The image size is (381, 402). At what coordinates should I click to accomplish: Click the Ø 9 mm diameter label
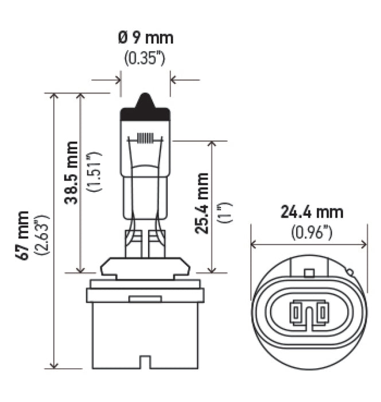click(145, 39)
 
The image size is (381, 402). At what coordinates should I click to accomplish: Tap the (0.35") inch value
click(145, 58)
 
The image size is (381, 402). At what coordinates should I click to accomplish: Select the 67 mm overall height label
click(23, 235)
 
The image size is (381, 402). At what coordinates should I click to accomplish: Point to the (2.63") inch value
click(41, 235)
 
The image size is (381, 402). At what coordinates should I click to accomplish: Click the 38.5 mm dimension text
click(71, 173)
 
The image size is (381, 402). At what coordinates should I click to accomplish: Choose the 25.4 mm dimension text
click(201, 203)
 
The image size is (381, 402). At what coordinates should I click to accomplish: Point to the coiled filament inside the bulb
click(145, 138)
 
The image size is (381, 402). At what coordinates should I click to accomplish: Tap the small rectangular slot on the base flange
click(145, 299)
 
